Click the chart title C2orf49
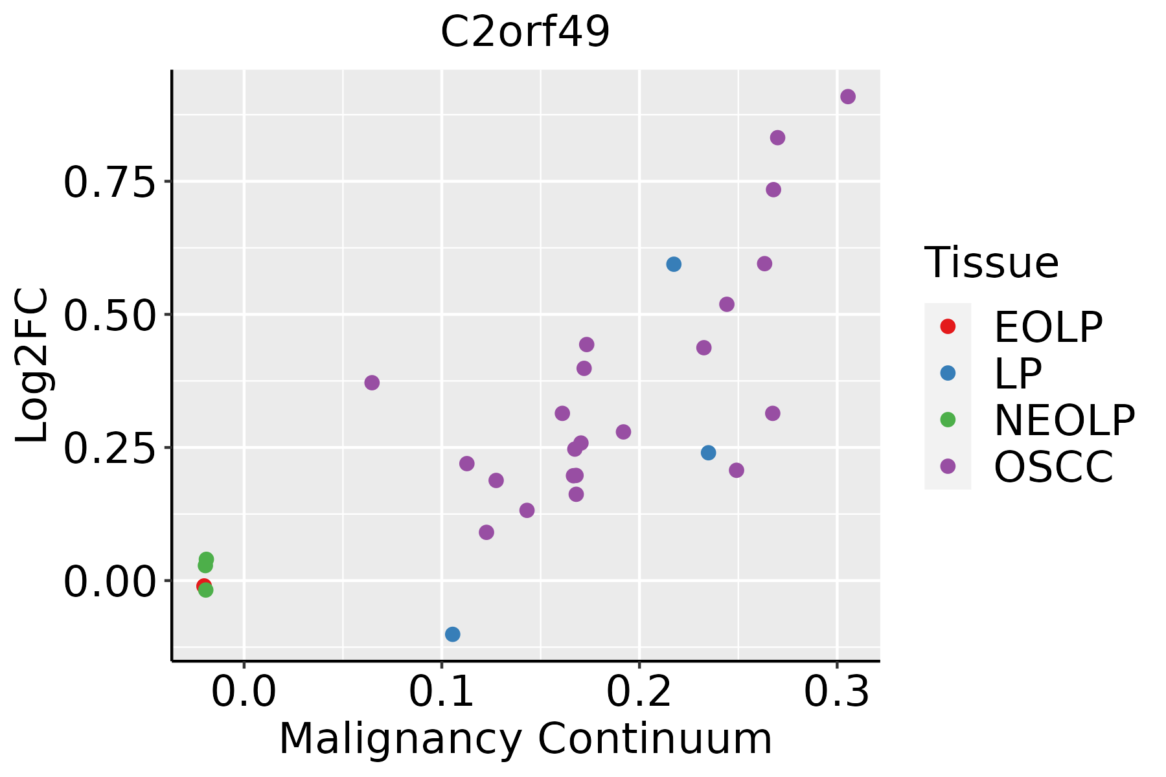(525, 32)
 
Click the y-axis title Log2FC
(32, 366)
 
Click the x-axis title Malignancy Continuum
(525, 739)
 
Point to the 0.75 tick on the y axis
(110, 182)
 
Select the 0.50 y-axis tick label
(110, 315)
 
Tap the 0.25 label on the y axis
(110, 448)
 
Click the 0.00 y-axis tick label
(110, 581)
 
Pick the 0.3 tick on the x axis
(837, 692)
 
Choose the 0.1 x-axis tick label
(441, 692)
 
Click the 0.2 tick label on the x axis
(639, 692)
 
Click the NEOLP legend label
(1064, 420)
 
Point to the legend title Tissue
(992, 263)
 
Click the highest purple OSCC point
(848, 97)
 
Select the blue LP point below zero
(453, 634)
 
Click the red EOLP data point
(203, 585)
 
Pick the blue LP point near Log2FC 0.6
(674, 264)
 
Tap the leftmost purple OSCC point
(372, 383)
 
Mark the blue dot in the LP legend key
(948, 373)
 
